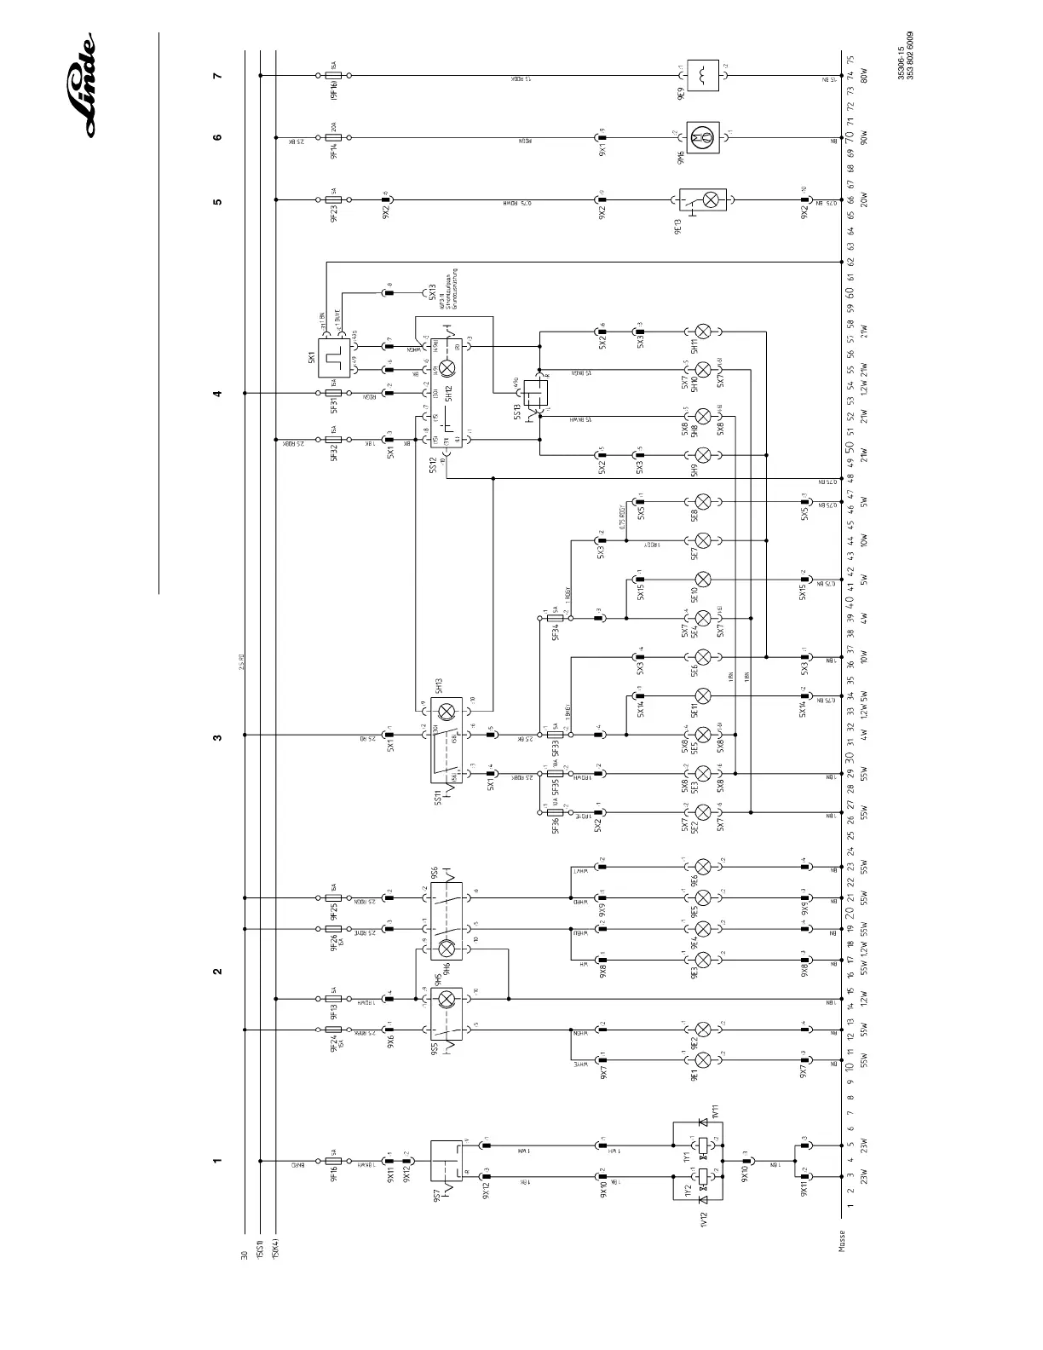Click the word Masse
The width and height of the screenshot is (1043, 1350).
842,1243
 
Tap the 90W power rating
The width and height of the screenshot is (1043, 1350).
864,136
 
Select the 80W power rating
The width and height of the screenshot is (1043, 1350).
864,75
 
